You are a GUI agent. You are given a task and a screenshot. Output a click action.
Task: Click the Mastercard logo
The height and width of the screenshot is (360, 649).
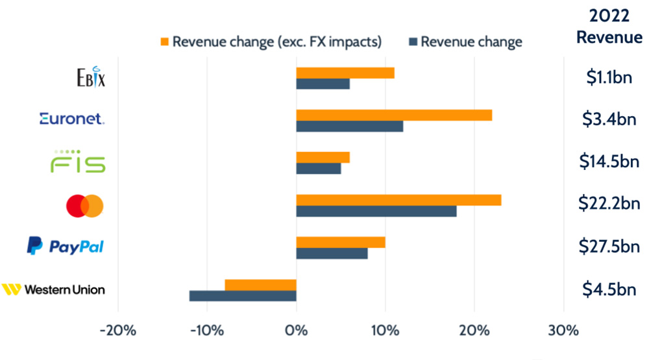point(85,206)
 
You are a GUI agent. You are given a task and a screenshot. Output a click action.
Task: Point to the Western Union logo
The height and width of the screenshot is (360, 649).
point(53,289)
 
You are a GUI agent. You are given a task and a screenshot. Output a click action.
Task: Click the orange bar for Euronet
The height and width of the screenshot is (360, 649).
point(394,115)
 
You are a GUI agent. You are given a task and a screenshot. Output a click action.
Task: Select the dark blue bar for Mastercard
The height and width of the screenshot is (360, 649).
point(376,211)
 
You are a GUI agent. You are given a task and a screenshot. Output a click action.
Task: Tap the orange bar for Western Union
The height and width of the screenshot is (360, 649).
point(260,285)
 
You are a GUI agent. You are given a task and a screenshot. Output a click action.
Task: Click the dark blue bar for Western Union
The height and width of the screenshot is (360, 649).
point(243,296)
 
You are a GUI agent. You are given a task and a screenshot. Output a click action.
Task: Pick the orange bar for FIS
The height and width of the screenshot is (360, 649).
point(323,158)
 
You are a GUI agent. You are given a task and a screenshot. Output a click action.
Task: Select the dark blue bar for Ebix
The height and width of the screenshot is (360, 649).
point(323,84)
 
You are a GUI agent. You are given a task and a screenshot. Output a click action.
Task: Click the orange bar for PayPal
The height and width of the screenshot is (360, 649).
point(341,243)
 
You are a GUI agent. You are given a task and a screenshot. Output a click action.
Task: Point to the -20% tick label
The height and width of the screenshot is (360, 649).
point(117,330)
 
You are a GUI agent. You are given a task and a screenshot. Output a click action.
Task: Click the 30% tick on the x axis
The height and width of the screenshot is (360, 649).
point(563,330)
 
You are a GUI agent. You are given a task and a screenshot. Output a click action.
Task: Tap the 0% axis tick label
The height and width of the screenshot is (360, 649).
point(296,330)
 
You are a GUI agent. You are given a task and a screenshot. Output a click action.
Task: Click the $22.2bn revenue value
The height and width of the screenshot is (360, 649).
point(609,204)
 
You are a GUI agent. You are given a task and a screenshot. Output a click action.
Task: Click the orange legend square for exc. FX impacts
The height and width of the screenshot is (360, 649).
point(164,42)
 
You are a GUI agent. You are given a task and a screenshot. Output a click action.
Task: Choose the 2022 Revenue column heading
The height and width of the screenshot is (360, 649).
point(609,26)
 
